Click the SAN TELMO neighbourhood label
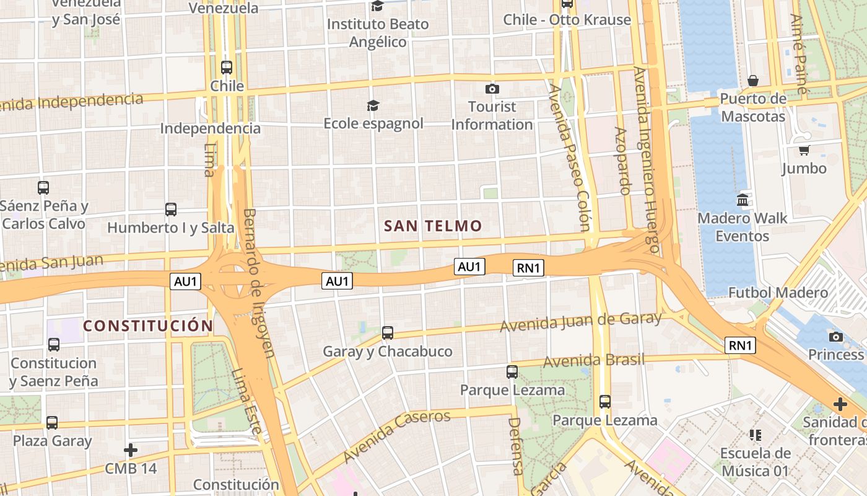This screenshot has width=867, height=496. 433,226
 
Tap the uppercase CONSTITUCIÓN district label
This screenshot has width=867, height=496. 148,326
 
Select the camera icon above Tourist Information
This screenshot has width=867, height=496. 492,89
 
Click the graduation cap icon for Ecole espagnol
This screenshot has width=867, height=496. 373,106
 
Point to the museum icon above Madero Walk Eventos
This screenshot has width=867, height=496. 742,200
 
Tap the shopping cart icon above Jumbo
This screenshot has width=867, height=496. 804,150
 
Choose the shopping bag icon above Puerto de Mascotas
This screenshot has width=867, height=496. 753,81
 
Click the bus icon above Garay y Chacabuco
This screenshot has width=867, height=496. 388,333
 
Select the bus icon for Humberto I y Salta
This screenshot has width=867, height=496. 171,210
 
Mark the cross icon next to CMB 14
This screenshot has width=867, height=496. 131,449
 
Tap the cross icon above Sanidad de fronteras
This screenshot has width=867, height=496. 840,404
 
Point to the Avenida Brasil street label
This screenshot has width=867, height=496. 593,360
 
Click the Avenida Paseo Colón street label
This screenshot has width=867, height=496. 568,158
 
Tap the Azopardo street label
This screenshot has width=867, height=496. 622,161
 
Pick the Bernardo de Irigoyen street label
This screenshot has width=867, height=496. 258,283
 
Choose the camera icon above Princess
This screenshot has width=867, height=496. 836,337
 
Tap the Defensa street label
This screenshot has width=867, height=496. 516,446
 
